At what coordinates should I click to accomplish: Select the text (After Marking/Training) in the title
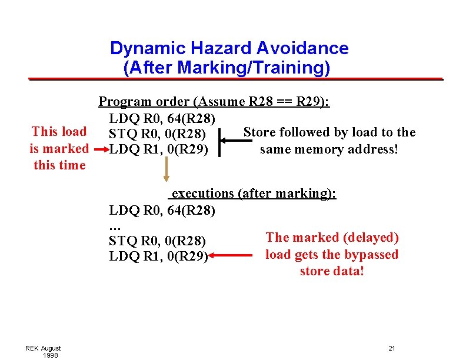(227, 68)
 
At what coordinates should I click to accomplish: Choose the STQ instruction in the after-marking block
(157, 241)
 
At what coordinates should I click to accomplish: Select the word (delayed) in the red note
(371, 238)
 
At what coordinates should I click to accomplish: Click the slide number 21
(392, 348)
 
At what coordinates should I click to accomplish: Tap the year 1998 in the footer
(51, 355)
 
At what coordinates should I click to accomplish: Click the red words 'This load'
(59, 132)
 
